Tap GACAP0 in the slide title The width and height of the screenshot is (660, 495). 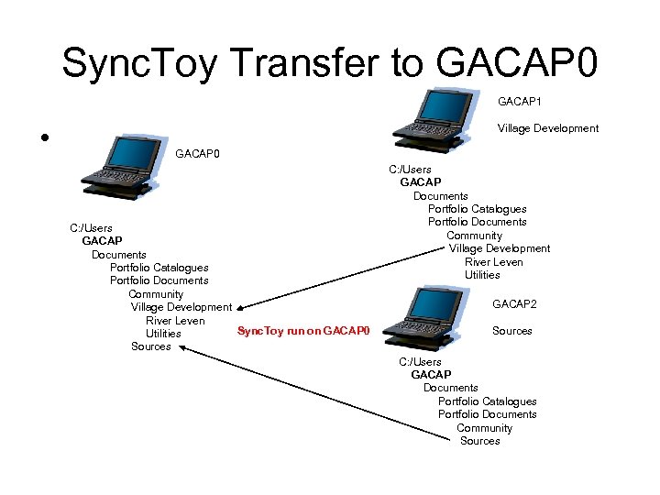coord(518,63)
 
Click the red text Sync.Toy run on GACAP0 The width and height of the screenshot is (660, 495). coord(302,330)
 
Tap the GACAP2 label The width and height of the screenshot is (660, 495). coord(514,303)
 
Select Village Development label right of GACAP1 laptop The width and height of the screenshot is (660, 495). coord(547,128)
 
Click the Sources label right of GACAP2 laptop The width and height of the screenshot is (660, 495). coord(511,331)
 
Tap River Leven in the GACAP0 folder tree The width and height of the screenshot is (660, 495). coord(174,321)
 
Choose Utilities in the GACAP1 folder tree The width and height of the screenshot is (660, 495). coord(482,275)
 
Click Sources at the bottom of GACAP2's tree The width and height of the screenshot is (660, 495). coord(479,441)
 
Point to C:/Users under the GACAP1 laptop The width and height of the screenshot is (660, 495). coord(410,170)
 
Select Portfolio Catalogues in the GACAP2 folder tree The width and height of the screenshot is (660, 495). coord(487,401)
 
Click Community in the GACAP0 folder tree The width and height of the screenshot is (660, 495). coord(156,294)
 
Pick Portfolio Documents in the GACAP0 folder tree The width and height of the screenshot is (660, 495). coord(159,280)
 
